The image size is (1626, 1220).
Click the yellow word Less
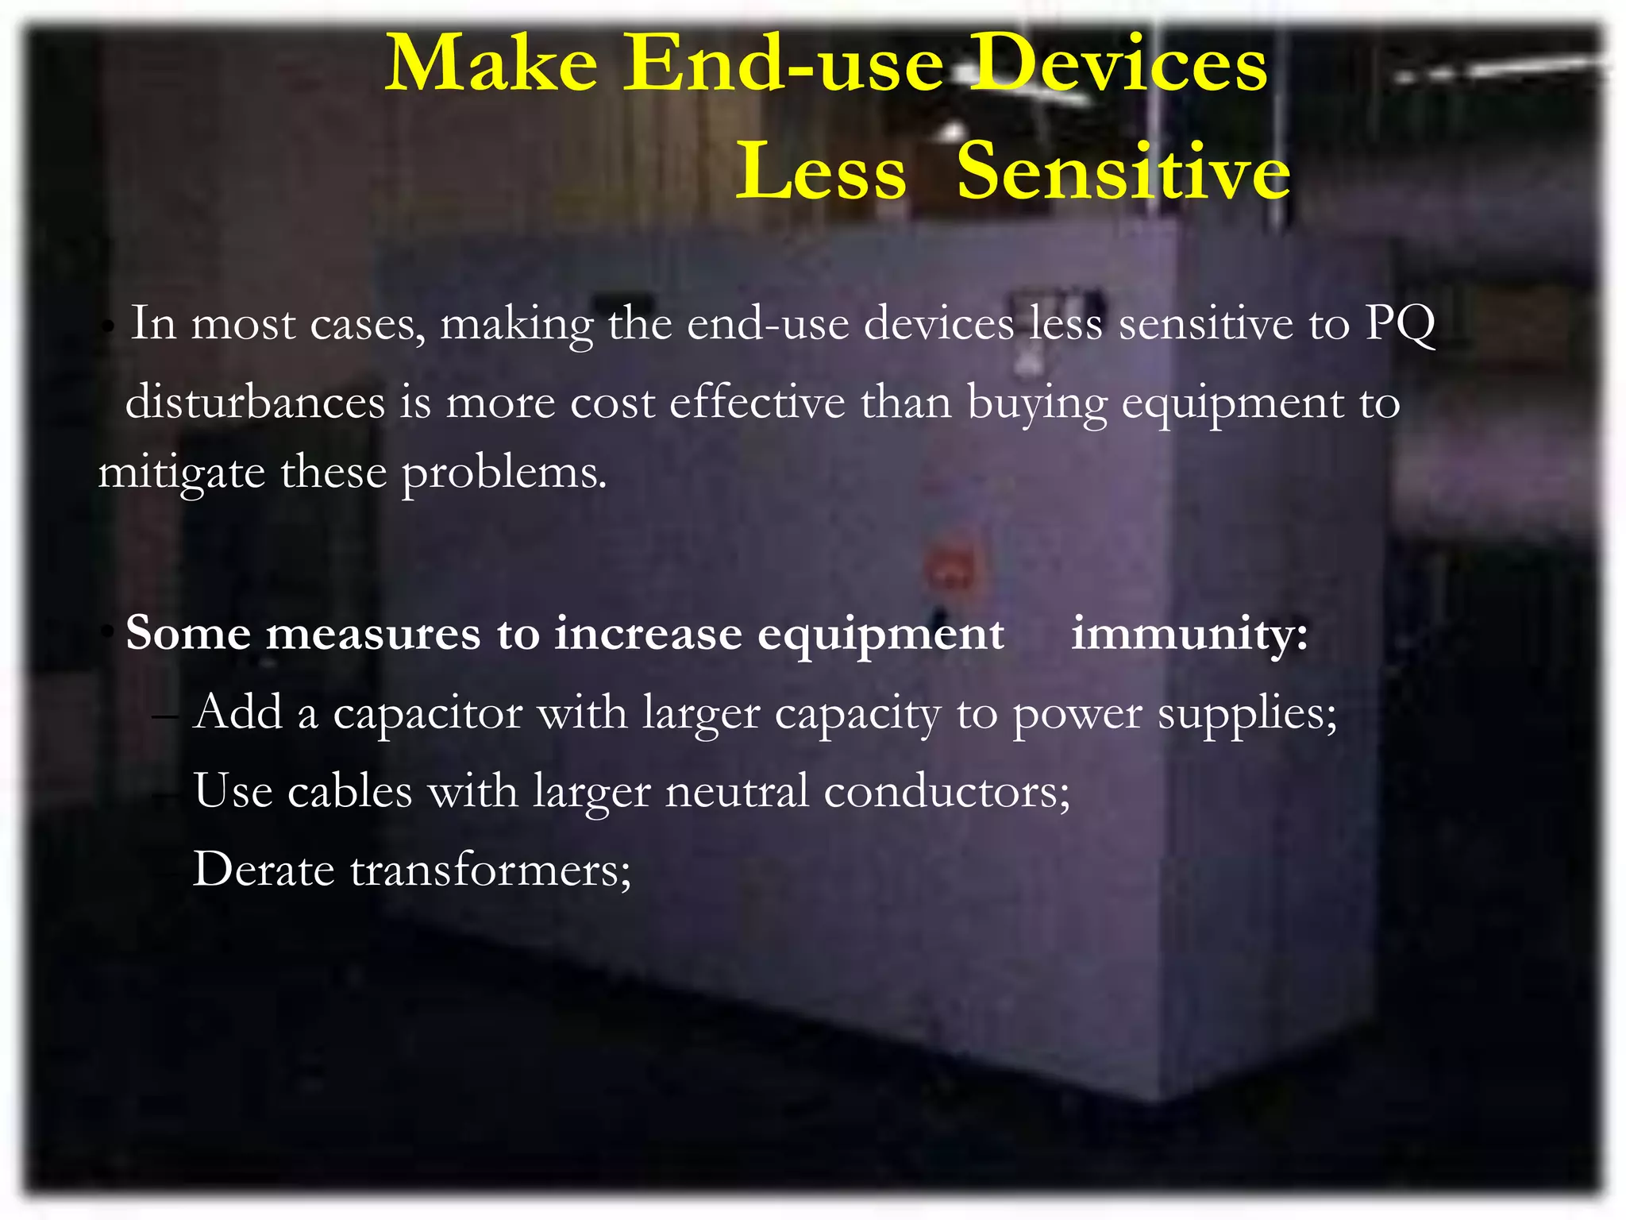pos(821,171)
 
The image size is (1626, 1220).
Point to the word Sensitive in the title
pos(1123,171)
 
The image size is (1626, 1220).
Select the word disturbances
pos(255,402)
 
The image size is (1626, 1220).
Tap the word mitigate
pos(181,473)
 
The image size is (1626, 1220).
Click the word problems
pos(504,473)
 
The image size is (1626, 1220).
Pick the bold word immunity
pos(1189,634)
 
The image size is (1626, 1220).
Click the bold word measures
pos(373,634)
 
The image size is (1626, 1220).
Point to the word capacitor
pos(427,712)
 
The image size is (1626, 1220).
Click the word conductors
pos(946,791)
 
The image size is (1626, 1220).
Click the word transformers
pos(491,869)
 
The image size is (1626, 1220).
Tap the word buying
pos(1036,403)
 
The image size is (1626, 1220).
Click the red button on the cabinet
pos(950,569)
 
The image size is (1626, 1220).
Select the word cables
pos(349,791)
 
